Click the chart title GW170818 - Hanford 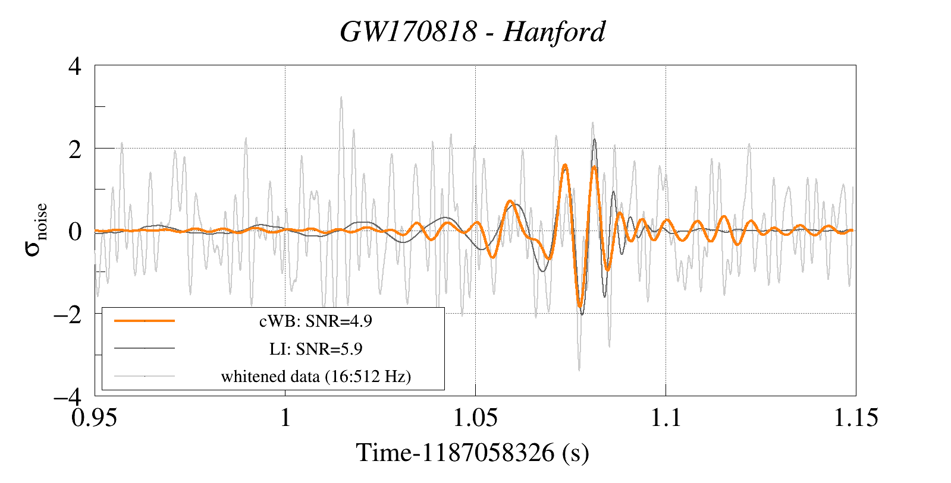pos(472,31)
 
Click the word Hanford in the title pos(554,31)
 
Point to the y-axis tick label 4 pos(75,66)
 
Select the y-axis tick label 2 pos(75,149)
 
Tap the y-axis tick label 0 pos(75,231)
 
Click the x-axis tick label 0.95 pos(94,418)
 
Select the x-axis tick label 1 pos(285,418)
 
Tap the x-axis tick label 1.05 pos(475,418)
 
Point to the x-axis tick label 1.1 pos(665,418)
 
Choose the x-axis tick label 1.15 pos(855,418)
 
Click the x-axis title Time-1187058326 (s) pos(472,453)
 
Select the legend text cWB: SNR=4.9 pos(316,321)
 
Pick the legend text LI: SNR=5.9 pos(316,349)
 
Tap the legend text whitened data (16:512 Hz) pos(316,377)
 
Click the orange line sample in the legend pos(145,321)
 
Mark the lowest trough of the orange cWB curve pos(580,307)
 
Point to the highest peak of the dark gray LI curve pos(594,140)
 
